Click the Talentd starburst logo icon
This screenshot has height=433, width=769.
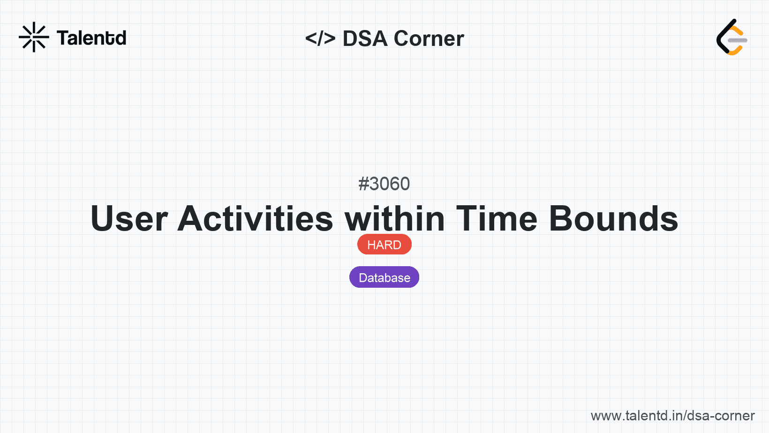pos(34,37)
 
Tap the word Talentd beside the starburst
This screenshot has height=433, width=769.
pos(91,38)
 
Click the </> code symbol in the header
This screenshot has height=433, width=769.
pos(320,38)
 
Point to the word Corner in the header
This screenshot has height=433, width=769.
pos(429,38)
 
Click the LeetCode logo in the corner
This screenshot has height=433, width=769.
pos(732,37)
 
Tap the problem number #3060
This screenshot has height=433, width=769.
pos(384,184)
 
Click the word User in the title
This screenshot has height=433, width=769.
pos(129,218)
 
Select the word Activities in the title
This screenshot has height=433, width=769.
pos(255,218)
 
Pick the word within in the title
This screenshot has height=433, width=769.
pos(395,218)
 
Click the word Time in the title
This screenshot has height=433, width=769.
pos(497,218)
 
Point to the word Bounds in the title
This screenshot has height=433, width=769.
pos(614,218)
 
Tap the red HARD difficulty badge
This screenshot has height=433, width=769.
pos(384,245)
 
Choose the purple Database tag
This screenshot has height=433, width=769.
pos(384,277)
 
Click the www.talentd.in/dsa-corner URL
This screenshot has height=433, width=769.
pos(672,416)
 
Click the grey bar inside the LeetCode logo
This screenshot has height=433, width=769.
pos(738,40)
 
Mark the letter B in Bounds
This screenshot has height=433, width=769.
pos(562,218)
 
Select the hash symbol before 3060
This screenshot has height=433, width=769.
pos(363,184)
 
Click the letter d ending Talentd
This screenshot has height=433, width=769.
pos(121,38)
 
